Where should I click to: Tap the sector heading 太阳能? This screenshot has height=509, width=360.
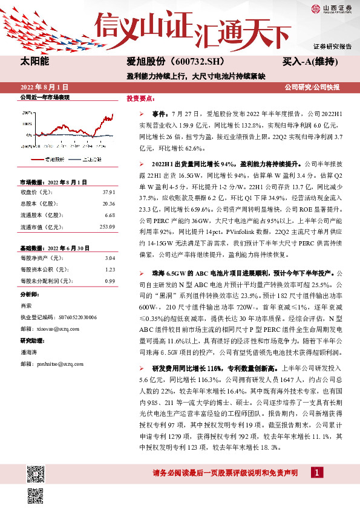tap(34, 62)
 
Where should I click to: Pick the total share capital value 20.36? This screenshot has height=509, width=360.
tap(108, 203)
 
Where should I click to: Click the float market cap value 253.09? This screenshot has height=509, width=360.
tap(106, 226)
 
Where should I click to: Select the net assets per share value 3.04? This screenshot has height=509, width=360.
tap(110, 258)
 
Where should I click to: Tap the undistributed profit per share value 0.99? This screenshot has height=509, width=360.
tap(110, 280)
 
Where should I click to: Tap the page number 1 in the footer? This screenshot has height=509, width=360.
tap(316, 472)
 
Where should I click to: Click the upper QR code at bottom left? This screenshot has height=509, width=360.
tap(36, 472)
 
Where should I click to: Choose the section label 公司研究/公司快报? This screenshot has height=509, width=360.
tap(318, 87)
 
